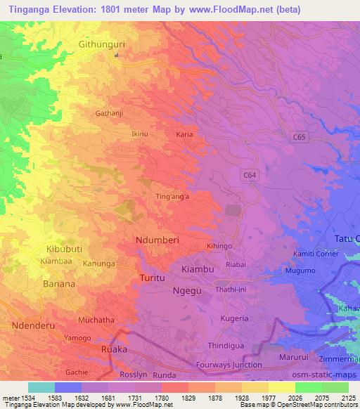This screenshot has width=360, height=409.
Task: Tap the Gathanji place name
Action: (x=109, y=112)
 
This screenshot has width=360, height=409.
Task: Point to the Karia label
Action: (x=184, y=134)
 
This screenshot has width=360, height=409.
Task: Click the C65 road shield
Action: (x=299, y=139)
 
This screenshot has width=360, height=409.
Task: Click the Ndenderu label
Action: (x=32, y=327)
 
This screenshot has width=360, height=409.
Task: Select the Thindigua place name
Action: (x=225, y=345)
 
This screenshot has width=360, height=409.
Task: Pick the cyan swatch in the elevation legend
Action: (x=41, y=387)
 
